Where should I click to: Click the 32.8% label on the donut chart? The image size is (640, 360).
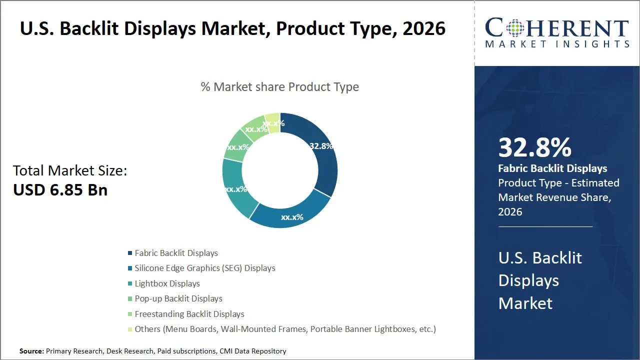coord(321,146)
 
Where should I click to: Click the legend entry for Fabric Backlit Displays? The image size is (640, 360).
coord(176,253)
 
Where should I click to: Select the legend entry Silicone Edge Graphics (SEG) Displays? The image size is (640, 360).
coord(204,268)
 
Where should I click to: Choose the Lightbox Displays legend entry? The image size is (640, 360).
coord(167,283)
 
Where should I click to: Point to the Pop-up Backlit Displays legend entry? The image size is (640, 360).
coord(178,298)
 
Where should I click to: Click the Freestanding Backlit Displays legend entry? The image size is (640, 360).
coord(189,314)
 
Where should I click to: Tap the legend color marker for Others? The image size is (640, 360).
coord(130,329)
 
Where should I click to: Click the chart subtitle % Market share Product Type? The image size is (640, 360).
coord(279,86)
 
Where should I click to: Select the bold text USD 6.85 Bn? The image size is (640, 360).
coord(60,189)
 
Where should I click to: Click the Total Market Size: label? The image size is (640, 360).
coord(70,170)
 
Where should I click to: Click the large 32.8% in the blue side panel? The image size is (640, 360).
coord(534,147)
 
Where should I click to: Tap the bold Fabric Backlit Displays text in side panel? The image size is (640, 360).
coord(552,168)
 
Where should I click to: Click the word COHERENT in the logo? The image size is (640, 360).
coord(556,28)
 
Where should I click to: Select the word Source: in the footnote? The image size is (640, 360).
coord(31,351)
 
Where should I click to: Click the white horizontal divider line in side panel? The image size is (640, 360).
coord(545,226)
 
